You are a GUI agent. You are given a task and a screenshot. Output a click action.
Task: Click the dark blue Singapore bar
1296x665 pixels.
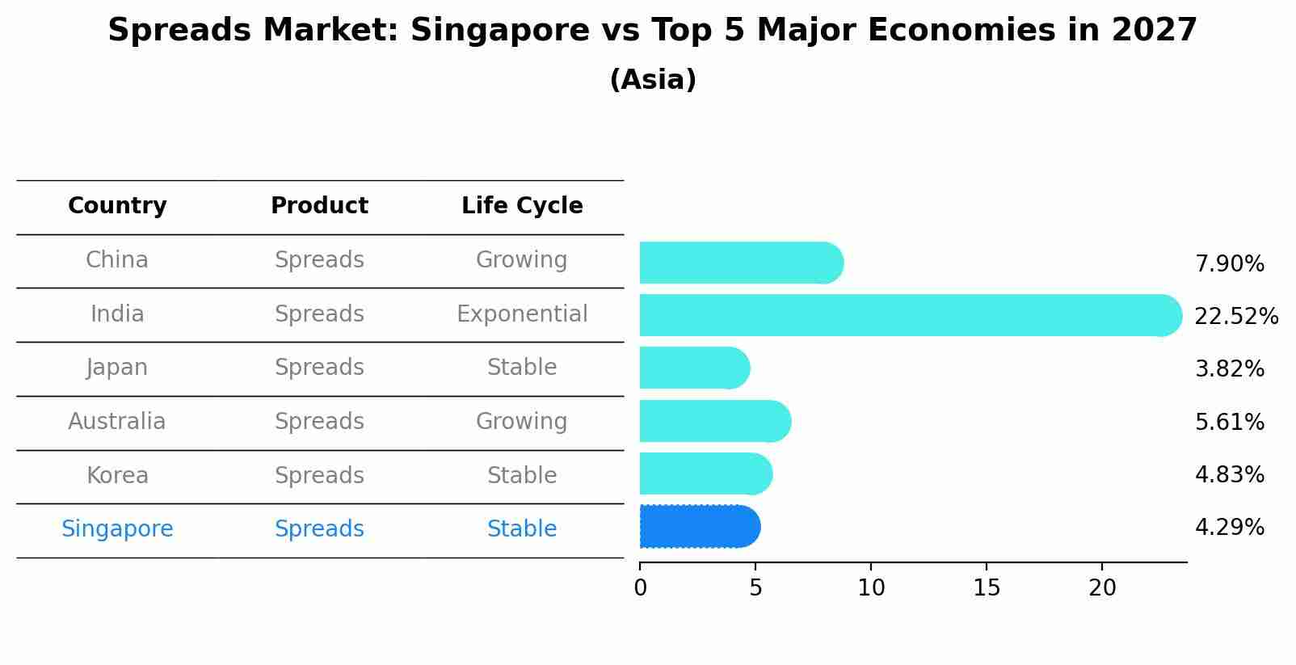(x=700, y=527)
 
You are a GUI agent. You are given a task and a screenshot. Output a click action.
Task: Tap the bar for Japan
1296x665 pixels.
(x=694, y=368)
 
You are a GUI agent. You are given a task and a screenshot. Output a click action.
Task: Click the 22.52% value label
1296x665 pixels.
(x=1236, y=316)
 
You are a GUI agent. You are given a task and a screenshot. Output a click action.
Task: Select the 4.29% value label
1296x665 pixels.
(x=1229, y=528)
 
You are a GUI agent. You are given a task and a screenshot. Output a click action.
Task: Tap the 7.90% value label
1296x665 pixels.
(x=1229, y=264)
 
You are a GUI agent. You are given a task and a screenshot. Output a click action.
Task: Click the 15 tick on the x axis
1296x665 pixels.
(x=987, y=588)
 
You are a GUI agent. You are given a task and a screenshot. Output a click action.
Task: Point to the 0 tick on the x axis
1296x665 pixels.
(x=640, y=588)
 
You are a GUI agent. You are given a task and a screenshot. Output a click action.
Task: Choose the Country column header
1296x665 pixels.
(x=117, y=206)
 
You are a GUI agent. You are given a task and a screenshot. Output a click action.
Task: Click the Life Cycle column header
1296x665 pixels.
(x=522, y=206)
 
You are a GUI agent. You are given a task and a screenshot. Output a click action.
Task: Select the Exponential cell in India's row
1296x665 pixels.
(x=522, y=314)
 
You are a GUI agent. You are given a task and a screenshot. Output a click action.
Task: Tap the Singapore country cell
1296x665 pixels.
(x=117, y=529)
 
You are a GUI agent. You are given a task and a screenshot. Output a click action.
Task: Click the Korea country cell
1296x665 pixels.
(x=117, y=476)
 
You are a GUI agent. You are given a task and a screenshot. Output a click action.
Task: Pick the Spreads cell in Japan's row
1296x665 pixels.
(x=319, y=368)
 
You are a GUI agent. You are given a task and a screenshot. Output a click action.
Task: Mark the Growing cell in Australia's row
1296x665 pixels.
(x=522, y=422)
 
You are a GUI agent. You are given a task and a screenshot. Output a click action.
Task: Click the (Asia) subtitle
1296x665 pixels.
(x=653, y=80)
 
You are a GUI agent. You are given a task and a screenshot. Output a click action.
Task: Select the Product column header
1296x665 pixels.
(x=319, y=206)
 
